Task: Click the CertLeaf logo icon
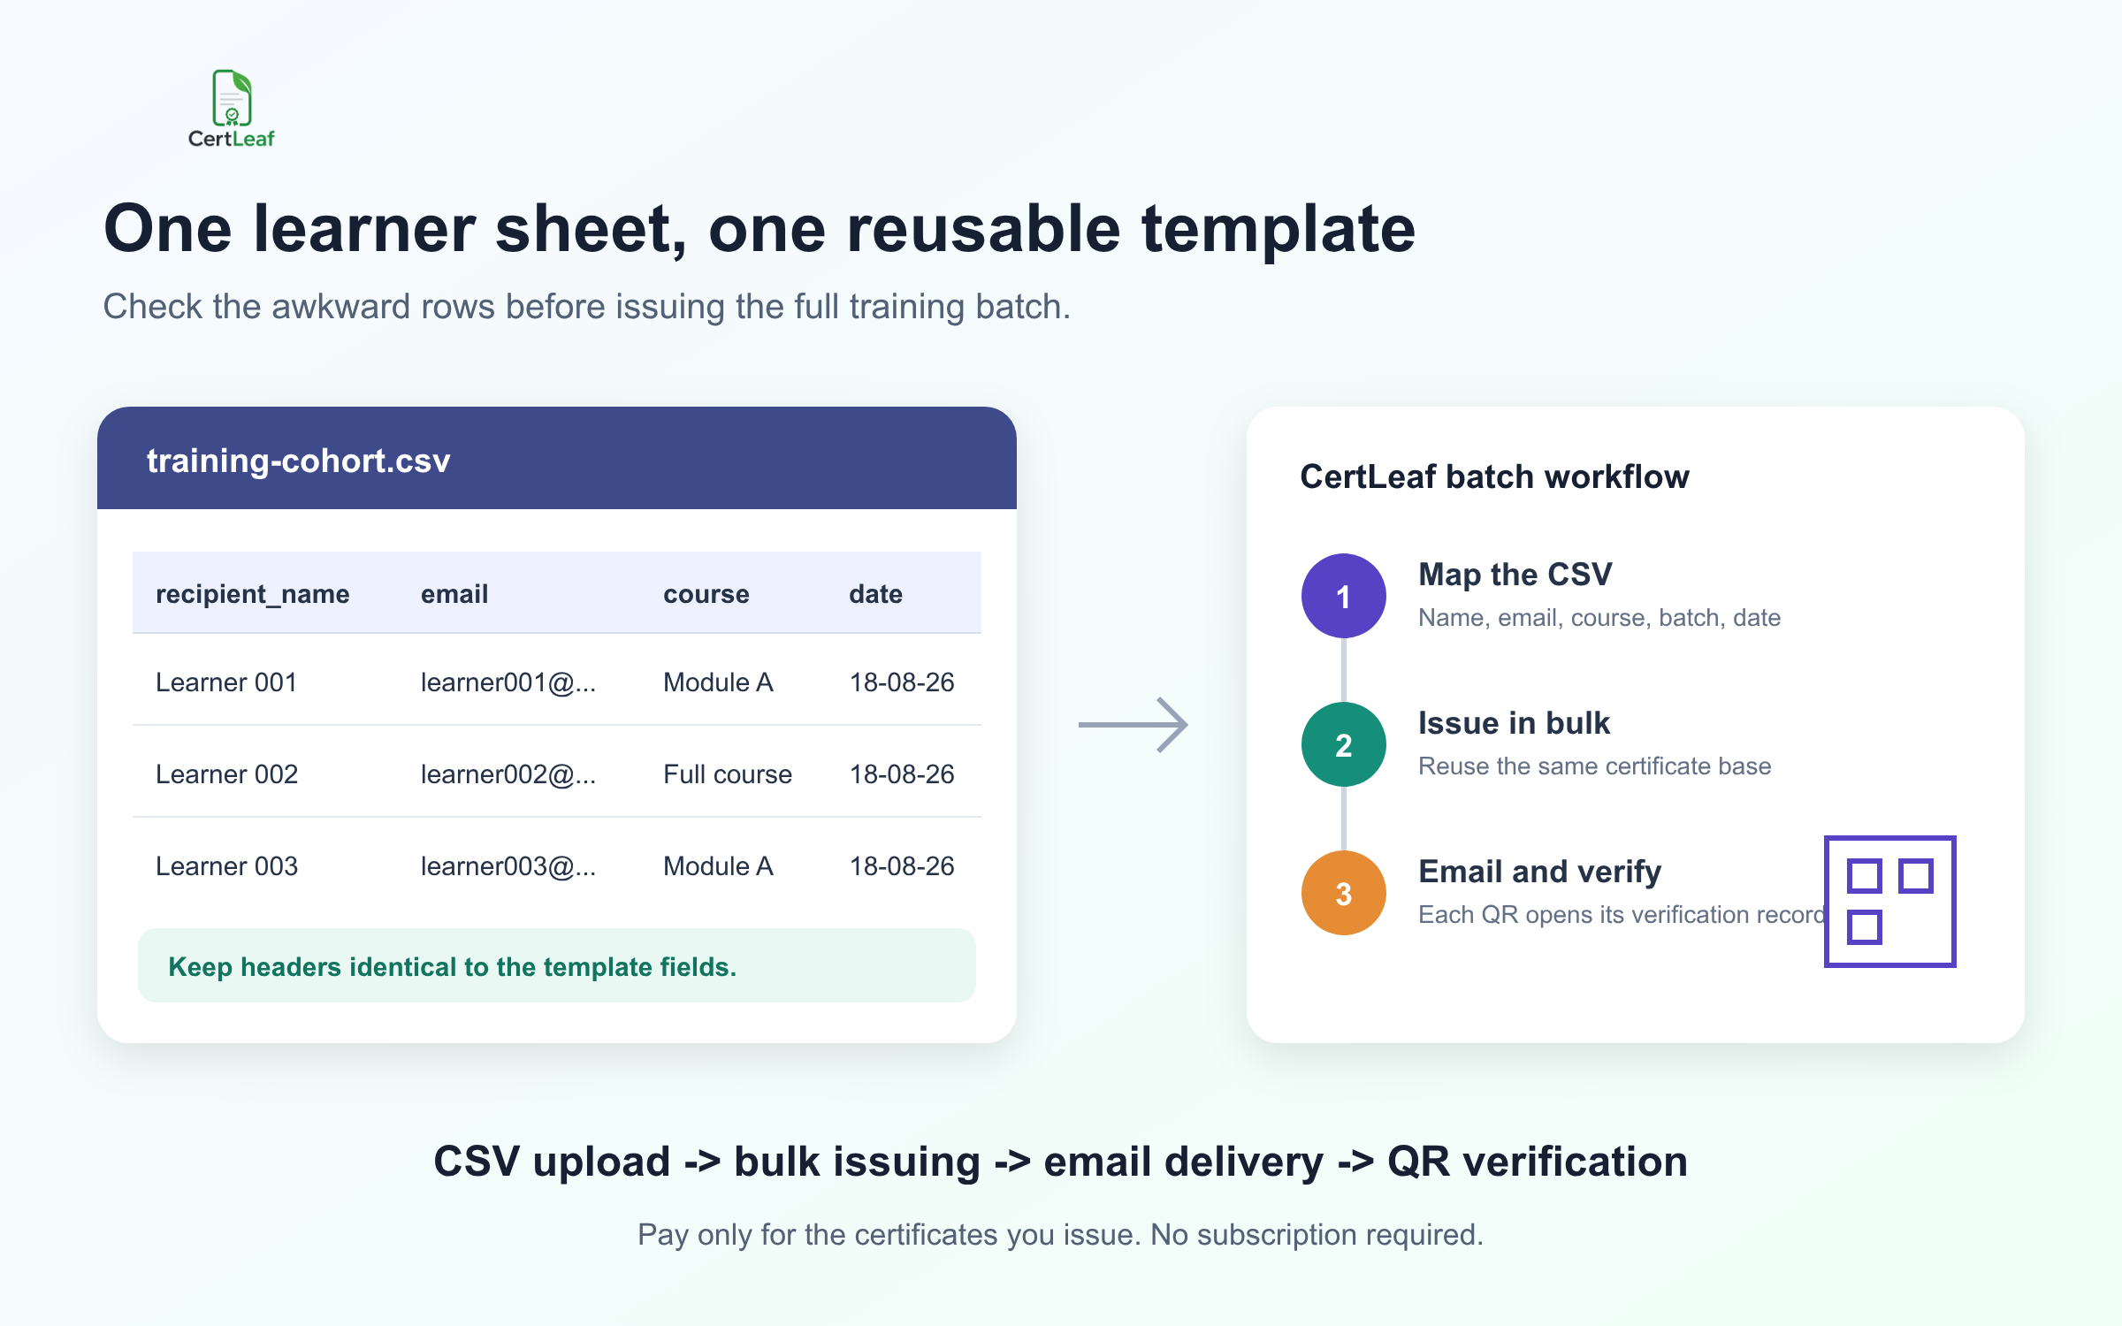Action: tap(232, 98)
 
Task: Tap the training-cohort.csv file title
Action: tap(299, 461)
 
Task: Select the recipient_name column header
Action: tap(253, 594)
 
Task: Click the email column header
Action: tap(454, 594)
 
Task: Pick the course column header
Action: tap(706, 594)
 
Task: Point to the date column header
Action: tap(876, 594)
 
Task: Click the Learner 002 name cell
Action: tap(227, 774)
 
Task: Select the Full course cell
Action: tap(728, 774)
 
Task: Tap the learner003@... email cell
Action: tap(508, 866)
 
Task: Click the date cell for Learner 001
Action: tap(902, 682)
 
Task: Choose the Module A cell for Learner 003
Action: tap(718, 866)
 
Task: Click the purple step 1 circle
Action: tap(1344, 596)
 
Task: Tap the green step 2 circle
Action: tap(1344, 744)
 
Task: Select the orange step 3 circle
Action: tap(1344, 893)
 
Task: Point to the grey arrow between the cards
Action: tap(1133, 725)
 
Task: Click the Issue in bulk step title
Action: tap(1515, 723)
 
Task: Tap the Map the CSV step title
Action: tap(1515, 575)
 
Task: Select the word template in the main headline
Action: tap(1279, 229)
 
